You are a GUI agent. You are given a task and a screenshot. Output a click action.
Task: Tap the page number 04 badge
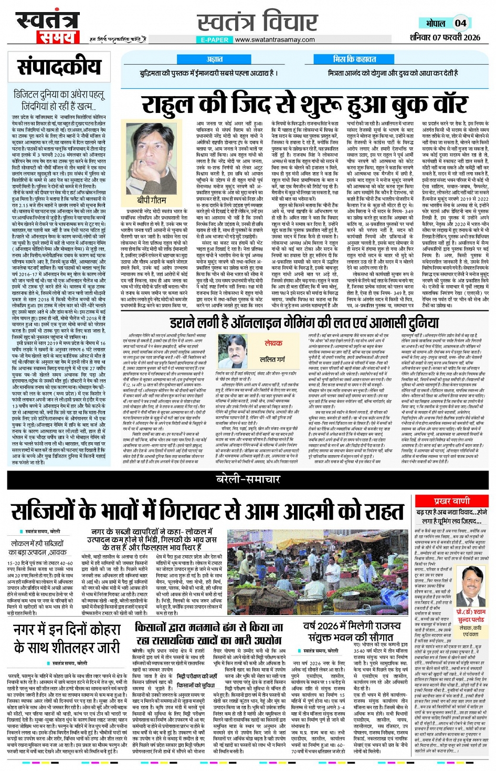click(x=460, y=23)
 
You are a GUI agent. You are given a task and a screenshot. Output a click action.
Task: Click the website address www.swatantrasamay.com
click(x=275, y=39)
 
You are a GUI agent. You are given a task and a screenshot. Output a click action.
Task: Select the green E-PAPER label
click(x=214, y=40)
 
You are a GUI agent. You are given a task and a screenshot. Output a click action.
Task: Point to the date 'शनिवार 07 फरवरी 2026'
click(x=445, y=37)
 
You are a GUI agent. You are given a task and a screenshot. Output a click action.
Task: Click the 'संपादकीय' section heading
click(x=59, y=67)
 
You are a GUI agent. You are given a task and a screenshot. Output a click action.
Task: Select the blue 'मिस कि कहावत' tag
click(x=354, y=59)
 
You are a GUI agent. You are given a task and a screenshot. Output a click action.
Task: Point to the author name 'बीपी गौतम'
click(x=152, y=200)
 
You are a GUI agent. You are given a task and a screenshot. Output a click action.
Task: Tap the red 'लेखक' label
click(x=273, y=343)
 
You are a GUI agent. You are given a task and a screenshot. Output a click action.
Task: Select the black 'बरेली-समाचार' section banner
click(x=248, y=479)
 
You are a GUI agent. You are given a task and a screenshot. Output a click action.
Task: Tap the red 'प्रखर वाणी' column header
click(x=452, y=501)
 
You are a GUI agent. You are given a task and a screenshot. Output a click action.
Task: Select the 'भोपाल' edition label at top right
click(x=435, y=24)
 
